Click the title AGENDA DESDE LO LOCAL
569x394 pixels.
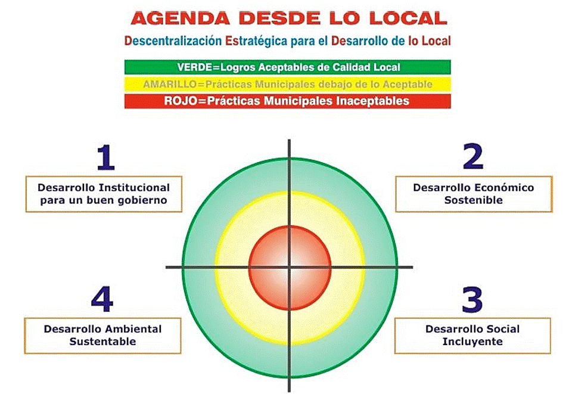[288, 18]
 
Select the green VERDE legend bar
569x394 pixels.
[287, 67]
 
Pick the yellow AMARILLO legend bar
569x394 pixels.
[287, 84]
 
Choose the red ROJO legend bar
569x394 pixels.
[287, 101]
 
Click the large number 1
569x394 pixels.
[105, 158]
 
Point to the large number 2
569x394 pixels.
[472, 157]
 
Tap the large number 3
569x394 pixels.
[472, 300]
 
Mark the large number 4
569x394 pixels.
[102, 299]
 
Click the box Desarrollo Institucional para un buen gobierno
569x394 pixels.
[103, 194]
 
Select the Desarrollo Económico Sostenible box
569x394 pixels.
[473, 194]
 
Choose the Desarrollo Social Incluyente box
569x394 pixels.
[473, 335]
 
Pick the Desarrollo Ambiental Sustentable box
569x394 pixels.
[102, 335]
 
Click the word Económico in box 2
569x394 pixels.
[500, 187]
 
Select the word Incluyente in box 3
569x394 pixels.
[473, 342]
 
